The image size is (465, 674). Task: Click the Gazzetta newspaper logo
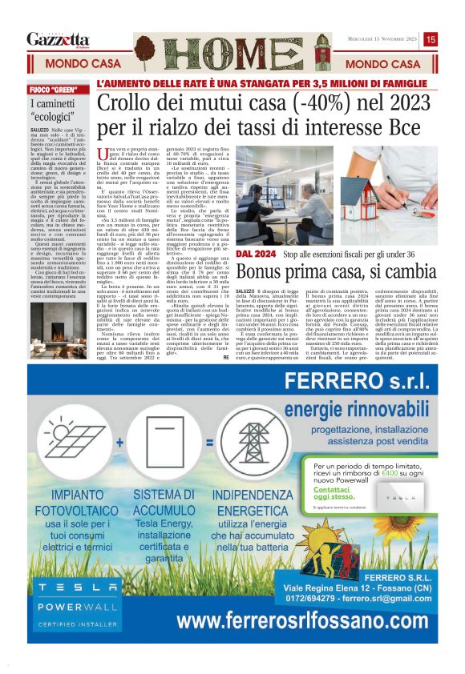pyautogui.click(x=58, y=39)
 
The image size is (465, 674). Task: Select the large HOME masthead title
pyautogui.click(x=232, y=46)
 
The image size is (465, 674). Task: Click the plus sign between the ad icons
pyautogui.click(x=119, y=441)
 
